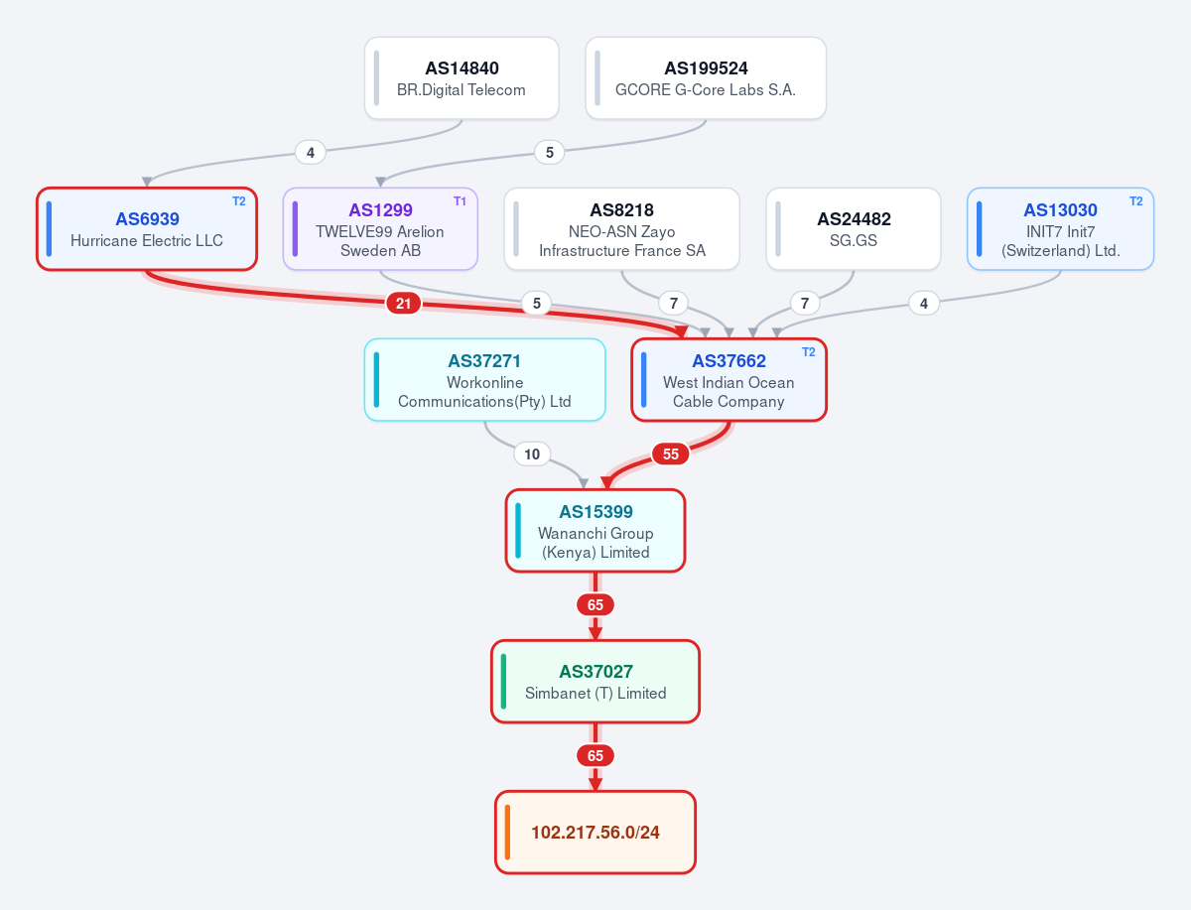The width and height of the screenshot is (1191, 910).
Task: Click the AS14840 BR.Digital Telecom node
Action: tap(462, 78)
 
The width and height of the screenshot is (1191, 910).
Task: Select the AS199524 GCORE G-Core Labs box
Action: tap(706, 78)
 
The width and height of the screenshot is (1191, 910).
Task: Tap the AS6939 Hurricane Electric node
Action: tap(147, 229)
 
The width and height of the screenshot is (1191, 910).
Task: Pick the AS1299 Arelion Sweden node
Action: tap(380, 229)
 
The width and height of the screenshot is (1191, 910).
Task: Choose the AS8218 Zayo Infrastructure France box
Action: tap(622, 229)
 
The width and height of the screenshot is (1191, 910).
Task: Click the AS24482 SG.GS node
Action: tap(854, 229)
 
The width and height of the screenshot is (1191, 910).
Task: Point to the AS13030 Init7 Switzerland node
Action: tap(1061, 229)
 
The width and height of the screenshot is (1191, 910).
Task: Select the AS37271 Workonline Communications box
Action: tap(485, 380)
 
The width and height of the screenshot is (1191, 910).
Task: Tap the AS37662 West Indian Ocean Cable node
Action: tap(728, 380)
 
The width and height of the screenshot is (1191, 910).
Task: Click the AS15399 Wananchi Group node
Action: tap(595, 530)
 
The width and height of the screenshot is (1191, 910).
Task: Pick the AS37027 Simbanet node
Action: tap(595, 681)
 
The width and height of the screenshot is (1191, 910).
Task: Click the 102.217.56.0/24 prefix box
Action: tap(595, 832)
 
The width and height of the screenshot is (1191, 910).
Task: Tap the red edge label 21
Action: tap(403, 303)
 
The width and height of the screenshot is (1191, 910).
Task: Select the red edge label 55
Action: tap(671, 454)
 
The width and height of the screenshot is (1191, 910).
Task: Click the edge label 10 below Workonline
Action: tap(532, 454)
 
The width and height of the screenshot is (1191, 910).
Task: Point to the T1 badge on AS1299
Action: tap(460, 201)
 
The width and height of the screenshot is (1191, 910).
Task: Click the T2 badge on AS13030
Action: tap(1135, 201)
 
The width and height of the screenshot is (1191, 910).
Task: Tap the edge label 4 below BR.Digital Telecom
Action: tap(311, 153)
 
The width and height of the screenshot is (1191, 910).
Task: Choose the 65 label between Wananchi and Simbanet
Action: tap(595, 604)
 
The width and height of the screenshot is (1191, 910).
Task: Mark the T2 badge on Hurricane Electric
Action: tap(239, 201)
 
